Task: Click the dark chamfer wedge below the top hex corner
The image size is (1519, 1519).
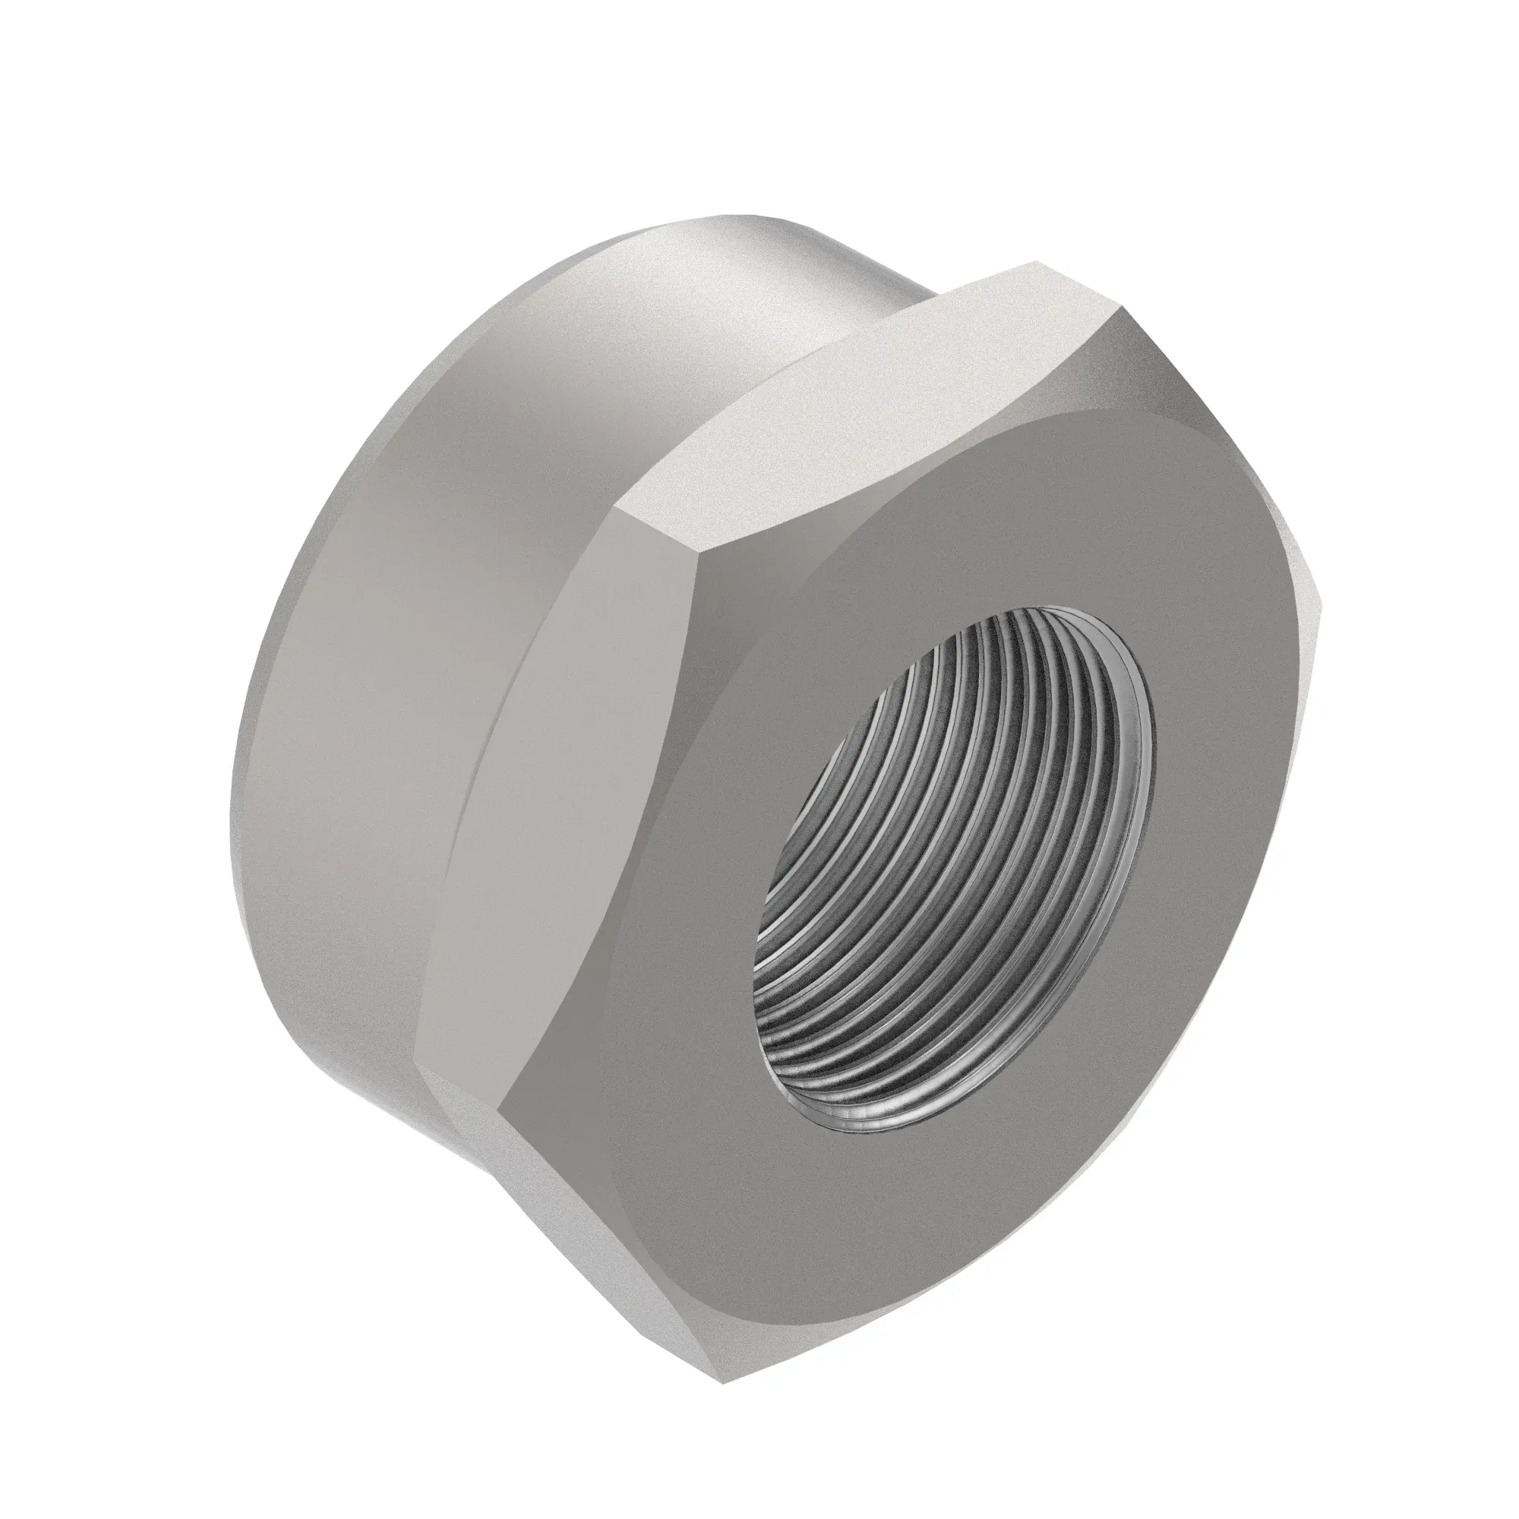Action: [x=1101, y=370]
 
